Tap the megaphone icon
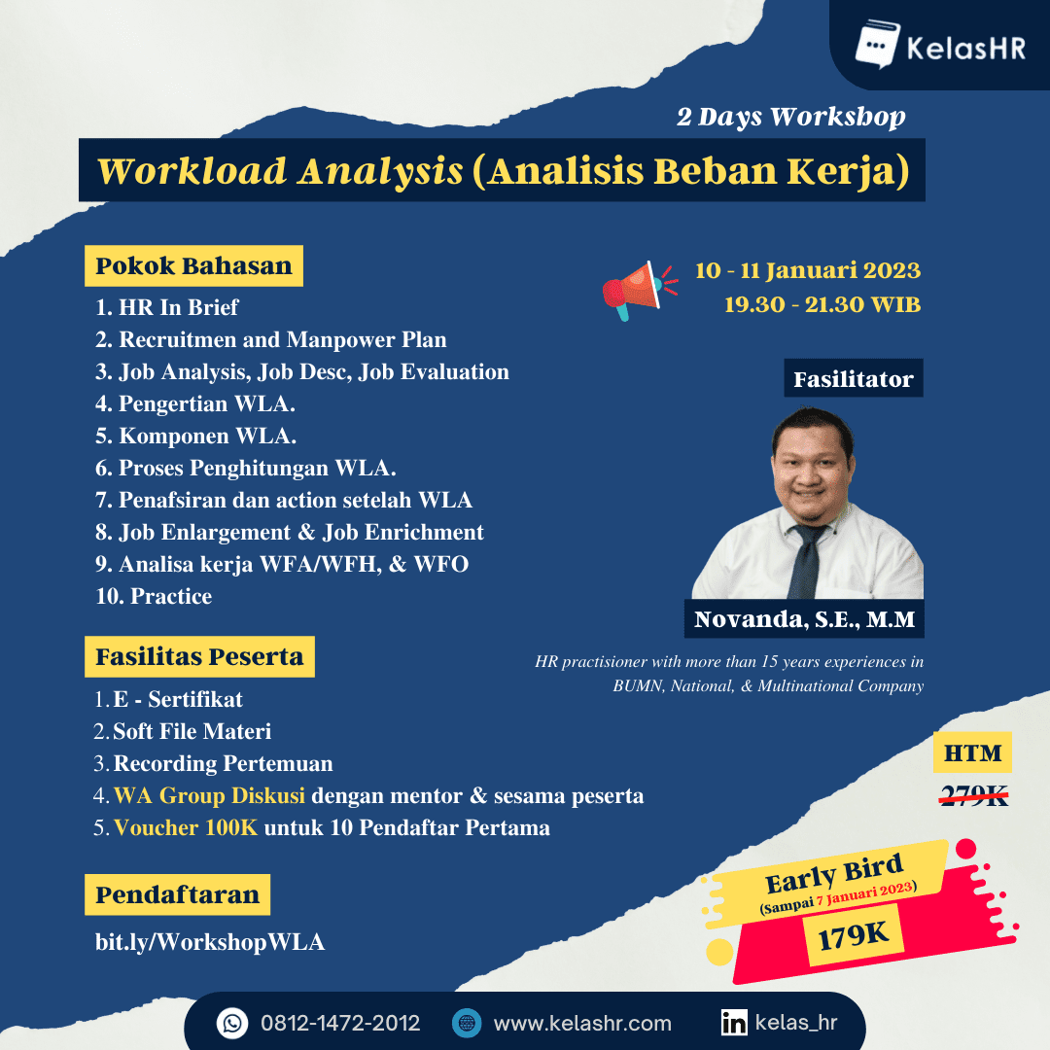pos(634,289)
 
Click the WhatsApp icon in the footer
pos(232,1023)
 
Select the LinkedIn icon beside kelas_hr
pos(734,1023)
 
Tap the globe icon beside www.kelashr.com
pos(468,1023)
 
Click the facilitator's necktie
pos(806,564)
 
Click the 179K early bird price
pos(855,935)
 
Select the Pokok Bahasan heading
pos(194,266)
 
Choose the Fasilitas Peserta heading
pos(199,657)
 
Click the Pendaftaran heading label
pos(178,895)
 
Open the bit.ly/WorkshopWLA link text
pos(210,941)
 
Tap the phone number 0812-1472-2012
pos(340,1023)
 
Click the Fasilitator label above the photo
pos(853,379)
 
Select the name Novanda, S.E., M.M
pos(805,619)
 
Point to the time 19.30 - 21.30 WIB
pos(822,303)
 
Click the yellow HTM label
pos(972,753)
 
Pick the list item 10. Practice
pos(154,596)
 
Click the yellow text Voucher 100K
pos(186,828)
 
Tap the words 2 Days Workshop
pos(790,118)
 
